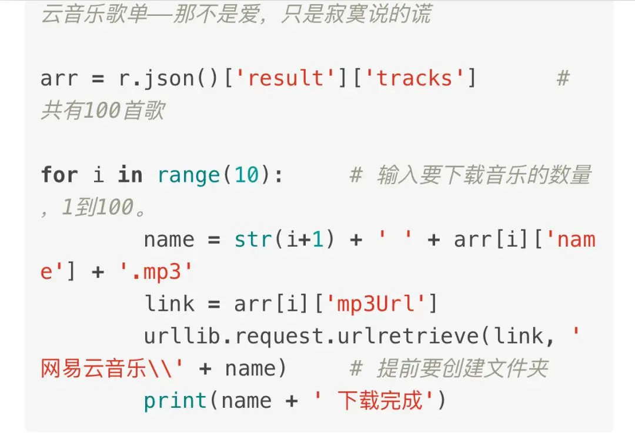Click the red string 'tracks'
pyautogui.click(x=414, y=78)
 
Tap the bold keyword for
pyautogui.click(x=59, y=175)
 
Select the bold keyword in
pyautogui.click(x=130, y=175)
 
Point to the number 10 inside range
pyautogui.click(x=247, y=175)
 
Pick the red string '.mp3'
pyautogui.click(x=156, y=272)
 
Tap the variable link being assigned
pyautogui.click(x=169, y=304)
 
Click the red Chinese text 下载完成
pyautogui.click(x=380, y=401)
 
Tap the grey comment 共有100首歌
pyautogui.click(x=102, y=111)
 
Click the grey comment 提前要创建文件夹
pyautogui.click(x=462, y=368)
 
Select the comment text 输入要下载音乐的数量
pyautogui.click(x=484, y=175)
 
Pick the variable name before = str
pyautogui.click(x=169, y=240)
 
